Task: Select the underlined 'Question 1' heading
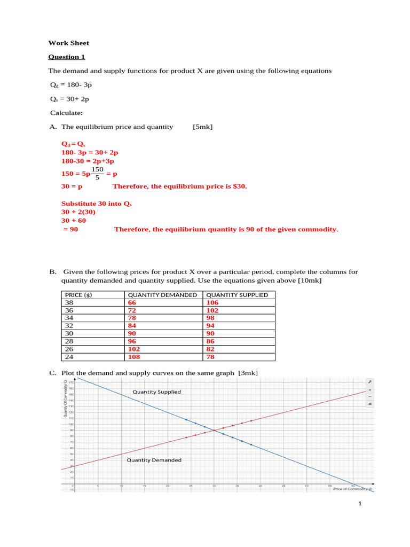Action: pyautogui.click(x=67, y=57)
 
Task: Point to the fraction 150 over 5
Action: pyautogui.click(x=97, y=174)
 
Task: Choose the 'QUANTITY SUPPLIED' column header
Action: pyautogui.click(x=237, y=295)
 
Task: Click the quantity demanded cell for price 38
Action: pyautogui.click(x=132, y=302)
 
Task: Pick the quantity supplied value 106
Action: pyautogui.click(x=212, y=302)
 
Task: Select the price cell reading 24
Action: pyautogui.click(x=69, y=357)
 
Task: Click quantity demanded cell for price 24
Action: pyautogui.click(x=134, y=357)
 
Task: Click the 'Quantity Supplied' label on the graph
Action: pyautogui.click(x=156, y=392)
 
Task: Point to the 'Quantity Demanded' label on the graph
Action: pyautogui.click(x=154, y=460)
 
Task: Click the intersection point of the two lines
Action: pyautogui.click(x=214, y=431)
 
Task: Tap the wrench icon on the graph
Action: pyautogui.click(x=369, y=382)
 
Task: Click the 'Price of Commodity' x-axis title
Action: pyautogui.click(x=352, y=488)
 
